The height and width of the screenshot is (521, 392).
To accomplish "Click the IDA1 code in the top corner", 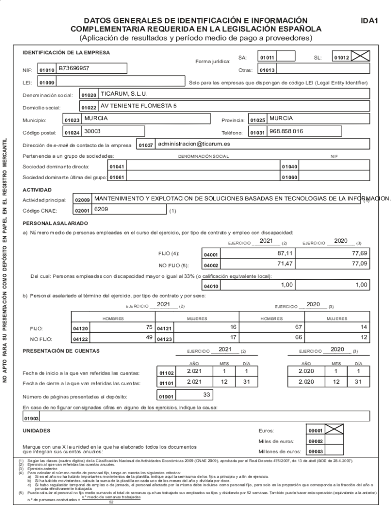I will click(368, 21).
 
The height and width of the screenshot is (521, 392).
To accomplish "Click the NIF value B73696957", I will click(74, 68).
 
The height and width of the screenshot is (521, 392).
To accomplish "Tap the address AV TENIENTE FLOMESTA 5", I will click(138, 106).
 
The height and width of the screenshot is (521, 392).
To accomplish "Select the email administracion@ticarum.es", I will click(193, 144).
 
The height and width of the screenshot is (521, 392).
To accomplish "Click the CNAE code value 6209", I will click(101, 210).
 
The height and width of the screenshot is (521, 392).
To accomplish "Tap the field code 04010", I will click(211, 286).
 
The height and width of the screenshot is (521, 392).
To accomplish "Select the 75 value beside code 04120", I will click(149, 327).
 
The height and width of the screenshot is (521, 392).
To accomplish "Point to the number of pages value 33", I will click(207, 394).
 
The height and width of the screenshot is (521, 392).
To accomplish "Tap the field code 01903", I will click(31, 419).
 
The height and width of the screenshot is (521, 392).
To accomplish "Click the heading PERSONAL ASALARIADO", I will click(55, 223).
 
